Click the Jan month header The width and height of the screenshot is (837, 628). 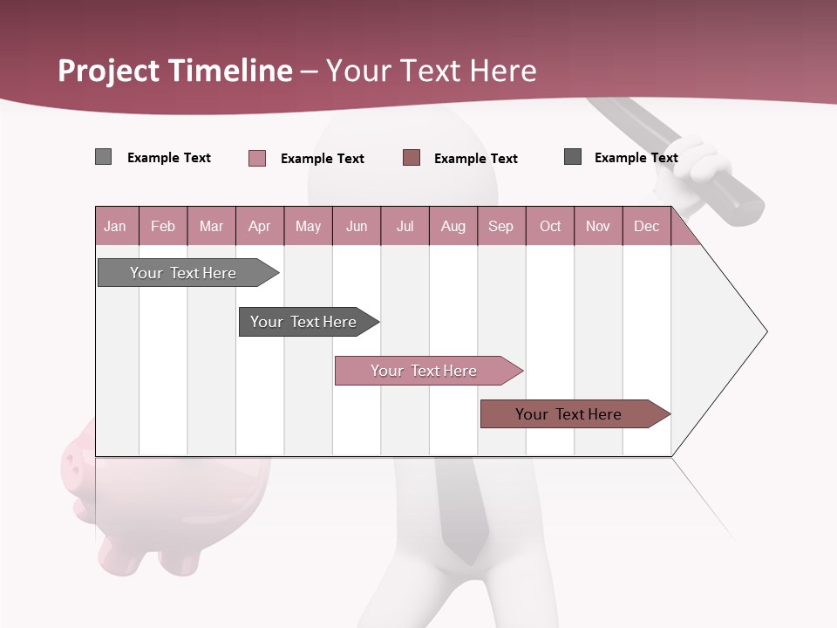point(116,226)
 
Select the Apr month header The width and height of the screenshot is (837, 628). point(260,226)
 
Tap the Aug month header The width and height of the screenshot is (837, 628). point(453,226)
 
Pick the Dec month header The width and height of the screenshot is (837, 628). point(647,226)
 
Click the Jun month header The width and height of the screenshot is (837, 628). point(357,226)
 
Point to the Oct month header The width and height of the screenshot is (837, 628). point(550,226)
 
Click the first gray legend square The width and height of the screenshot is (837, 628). point(103,157)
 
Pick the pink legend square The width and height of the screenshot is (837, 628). point(257,158)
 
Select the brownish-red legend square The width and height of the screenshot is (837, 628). point(412,158)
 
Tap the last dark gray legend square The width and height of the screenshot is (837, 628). point(573,157)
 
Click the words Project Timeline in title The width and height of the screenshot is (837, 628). point(174,71)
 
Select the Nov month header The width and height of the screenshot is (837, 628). point(598,226)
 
